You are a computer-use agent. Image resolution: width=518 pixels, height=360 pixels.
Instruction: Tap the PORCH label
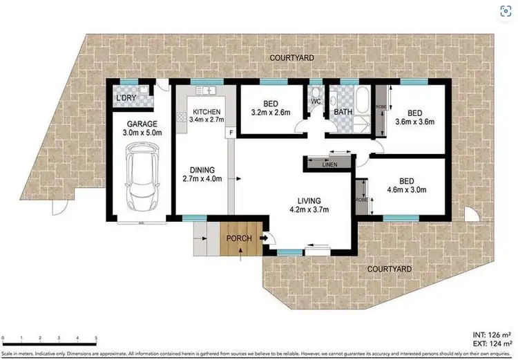[238, 239]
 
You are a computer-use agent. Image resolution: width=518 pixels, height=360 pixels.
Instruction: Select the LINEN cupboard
[329, 164]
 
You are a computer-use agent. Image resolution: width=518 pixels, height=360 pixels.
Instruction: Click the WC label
[316, 102]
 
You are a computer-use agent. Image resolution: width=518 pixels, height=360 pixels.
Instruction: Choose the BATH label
[343, 111]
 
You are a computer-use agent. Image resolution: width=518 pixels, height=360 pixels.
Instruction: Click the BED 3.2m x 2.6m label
[270, 109]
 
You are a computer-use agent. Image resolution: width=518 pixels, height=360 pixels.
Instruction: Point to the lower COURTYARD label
[390, 269]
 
